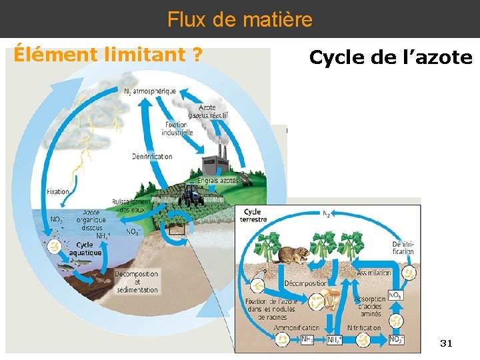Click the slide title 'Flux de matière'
tap(240, 19)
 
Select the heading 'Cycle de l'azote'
tap(391, 58)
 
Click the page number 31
tap(446, 343)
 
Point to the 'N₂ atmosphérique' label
tap(149, 91)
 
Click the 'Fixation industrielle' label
tap(177, 129)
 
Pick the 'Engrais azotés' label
tap(219, 181)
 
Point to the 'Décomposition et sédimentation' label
tap(137, 281)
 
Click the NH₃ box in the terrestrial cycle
tap(307, 340)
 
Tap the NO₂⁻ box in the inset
tap(396, 340)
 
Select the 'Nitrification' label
tap(363, 328)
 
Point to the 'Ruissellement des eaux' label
tap(131, 205)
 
